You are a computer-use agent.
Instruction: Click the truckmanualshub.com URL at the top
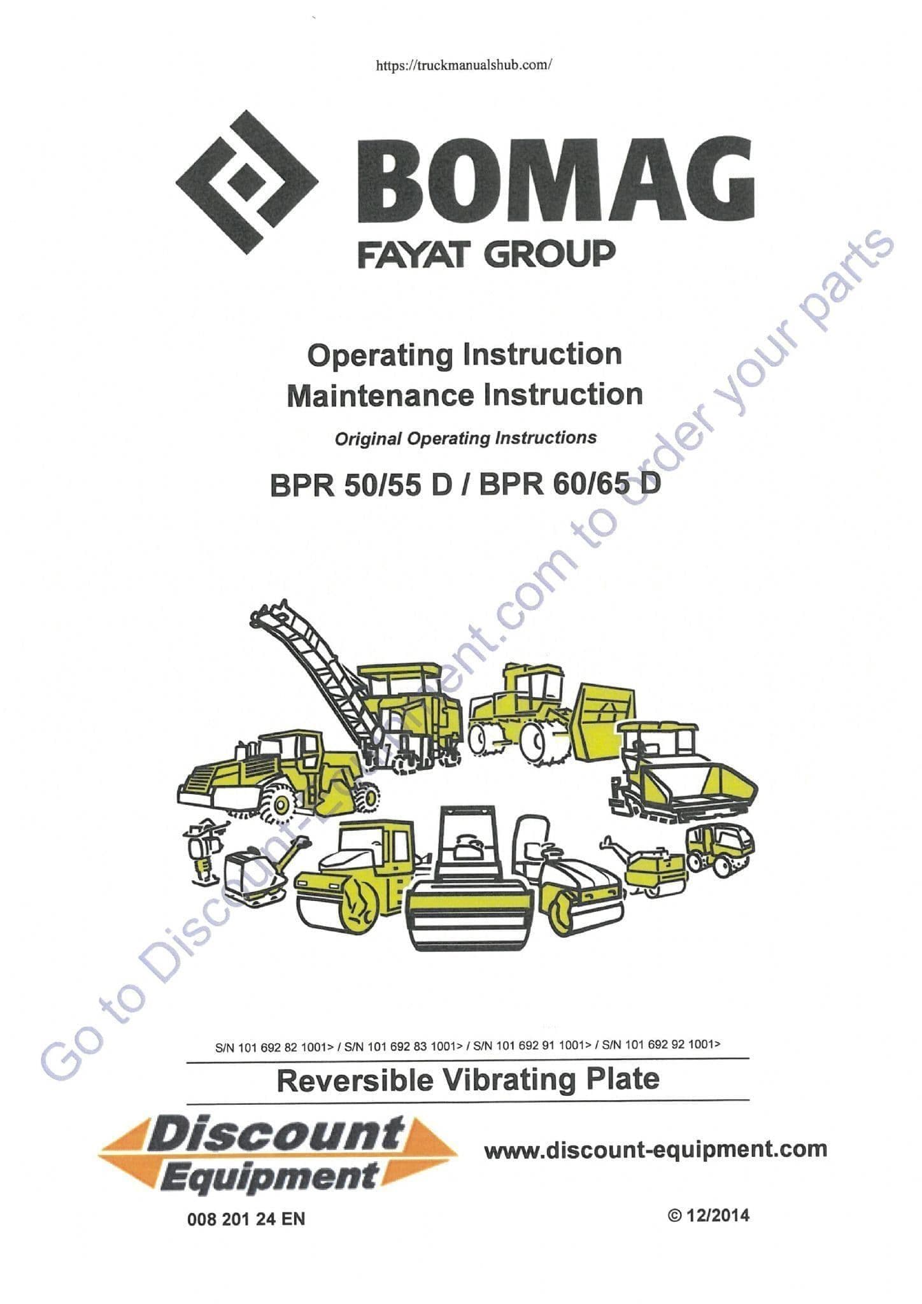(x=464, y=65)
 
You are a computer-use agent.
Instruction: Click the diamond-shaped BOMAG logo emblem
(x=246, y=182)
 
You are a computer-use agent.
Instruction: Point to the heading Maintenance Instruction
(x=464, y=395)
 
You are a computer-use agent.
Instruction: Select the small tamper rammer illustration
(x=204, y=851)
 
